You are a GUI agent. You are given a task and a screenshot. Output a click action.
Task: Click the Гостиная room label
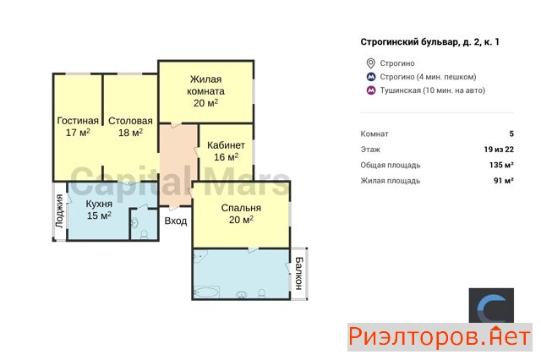pyautogui.click(x=78, y=121)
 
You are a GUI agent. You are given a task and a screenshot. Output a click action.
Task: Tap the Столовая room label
pyautogui.click(x=130, y=121)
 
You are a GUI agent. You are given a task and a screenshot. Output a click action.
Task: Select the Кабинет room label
pyautogui.click(x=226, y=145)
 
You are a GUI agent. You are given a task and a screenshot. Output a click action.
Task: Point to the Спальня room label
pyautogui.click(x=241, y=208)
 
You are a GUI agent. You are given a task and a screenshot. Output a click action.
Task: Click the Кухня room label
pyautogui.click(x=99, y=204)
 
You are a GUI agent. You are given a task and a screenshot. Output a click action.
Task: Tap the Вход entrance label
pyautogui.click(x=176, y=221)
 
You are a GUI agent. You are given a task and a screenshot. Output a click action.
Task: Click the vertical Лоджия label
pyautogui.click(x=59, y=211)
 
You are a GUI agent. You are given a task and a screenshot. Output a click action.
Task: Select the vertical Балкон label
pyautogui.click(x=298, y=273)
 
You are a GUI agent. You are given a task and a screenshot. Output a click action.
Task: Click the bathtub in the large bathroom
pyautogui.click(x=206, y=292)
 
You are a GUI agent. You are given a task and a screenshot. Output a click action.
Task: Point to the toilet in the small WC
pyautogui.click(x=145, y=234)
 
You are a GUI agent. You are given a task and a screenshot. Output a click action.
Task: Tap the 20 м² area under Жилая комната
pyautogui.click(x=205, y=103)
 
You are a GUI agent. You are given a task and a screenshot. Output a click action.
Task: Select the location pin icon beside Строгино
pyautogui.click(x=370, y=63)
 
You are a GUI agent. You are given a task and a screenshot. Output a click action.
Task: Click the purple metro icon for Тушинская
pyautogui.click(x=371, y=90)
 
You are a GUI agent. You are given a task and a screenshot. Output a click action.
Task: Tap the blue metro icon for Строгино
pyautogui.click(x=371, y=77)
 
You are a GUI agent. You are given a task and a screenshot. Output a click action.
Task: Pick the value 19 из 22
pyautogui.click(x=499, y=150)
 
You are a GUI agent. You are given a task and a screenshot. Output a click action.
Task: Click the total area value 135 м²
pyautogui.click(x=501, y=165)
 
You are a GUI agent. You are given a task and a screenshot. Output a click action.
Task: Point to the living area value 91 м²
pyautogui.click(x=504, y=180)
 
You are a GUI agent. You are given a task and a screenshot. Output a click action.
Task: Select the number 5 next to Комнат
pyautogui.click(x=511, y=134)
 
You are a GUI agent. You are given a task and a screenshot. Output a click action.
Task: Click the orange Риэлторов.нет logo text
pyautogui.click(x=440, y=337)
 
